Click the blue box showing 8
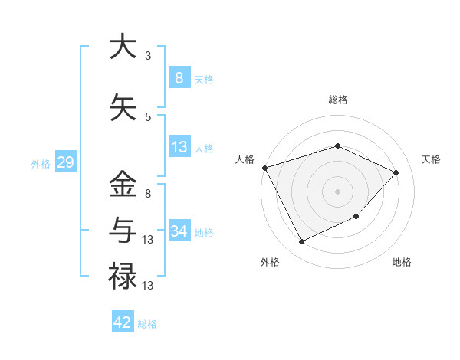point(179,78)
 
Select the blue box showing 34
point(179,231)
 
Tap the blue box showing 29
point(65,163)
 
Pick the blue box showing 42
point(123,322)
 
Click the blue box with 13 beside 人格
point(179,147)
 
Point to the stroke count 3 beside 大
point(147,56)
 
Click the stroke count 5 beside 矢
point(147,116)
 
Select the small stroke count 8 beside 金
point(147,193)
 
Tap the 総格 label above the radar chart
point(337,100)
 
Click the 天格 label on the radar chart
point(431,159)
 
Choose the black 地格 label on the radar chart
point(402,262)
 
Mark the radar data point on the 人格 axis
point(264,168)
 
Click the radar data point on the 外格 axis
point(301,242)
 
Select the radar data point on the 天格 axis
point(396,172)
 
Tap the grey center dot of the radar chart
point(337,191)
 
